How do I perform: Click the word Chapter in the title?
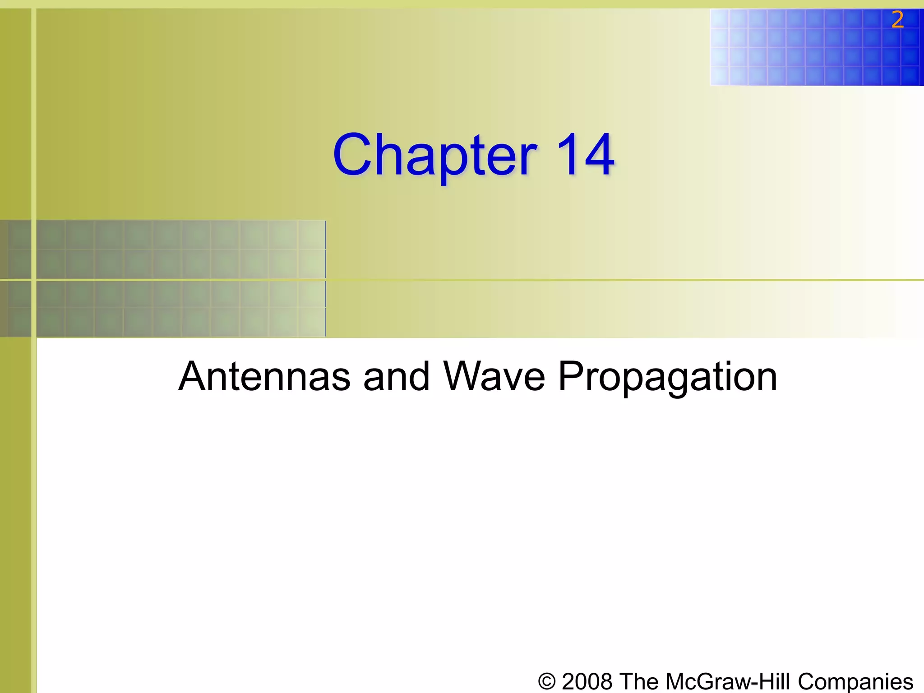[x=435, y=156]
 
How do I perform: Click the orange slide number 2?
[x=897, y=20]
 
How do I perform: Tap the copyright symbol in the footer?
[x=547, y=681]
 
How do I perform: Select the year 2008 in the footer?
[x=587, y=681]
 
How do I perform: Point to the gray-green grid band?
[x=162, y=278]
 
